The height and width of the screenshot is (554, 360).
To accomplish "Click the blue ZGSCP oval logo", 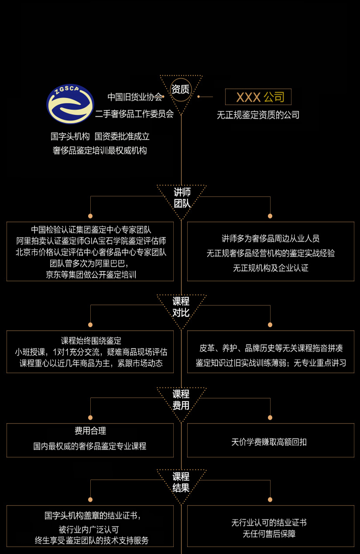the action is point(70,104).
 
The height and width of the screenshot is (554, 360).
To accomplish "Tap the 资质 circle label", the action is point(181,89).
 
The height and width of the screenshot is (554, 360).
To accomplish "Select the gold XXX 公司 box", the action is point(258,97).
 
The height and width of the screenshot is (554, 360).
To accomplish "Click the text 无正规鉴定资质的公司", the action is point(258,115).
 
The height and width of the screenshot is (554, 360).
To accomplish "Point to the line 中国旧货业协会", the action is point(135,97).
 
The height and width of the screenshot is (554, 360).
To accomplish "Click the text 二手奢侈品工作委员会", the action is point(134,114).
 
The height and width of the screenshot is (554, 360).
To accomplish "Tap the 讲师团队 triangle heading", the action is point(182,198).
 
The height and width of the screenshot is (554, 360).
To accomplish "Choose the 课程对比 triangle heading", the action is point(181,307).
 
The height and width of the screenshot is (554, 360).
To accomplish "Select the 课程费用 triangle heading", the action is point(181,400).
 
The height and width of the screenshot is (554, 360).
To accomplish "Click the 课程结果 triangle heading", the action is point(181,482).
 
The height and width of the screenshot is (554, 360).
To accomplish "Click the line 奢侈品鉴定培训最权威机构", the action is point(100,150).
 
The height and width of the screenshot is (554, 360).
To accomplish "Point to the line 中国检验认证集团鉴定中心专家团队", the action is point(91,230).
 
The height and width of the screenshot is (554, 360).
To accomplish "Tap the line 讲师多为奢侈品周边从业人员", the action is point(271,239).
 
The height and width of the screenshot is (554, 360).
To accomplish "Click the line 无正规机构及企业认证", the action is point(271,268).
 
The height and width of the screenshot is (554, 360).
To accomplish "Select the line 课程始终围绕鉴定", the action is point(91,341).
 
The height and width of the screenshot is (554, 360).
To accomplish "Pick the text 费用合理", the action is point(90,431).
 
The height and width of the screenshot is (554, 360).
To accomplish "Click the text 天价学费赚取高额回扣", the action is point(269,442).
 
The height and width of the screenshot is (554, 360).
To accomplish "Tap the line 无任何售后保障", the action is point(269,534).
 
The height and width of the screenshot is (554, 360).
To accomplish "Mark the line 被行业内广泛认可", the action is point(89,530).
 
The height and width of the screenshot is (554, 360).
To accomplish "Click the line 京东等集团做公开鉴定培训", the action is point(91,274).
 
